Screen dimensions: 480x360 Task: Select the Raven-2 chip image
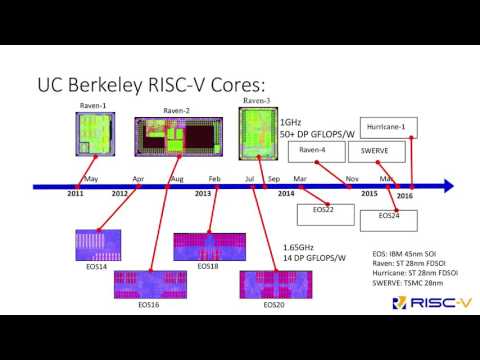click(176, 137)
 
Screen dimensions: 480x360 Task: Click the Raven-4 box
click(313, 150)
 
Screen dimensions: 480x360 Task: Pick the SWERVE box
click(373, 150)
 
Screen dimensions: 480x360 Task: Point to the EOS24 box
click(389, 215)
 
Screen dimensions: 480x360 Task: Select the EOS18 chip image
click(208, 246)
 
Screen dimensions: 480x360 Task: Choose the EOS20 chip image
click(273, 284)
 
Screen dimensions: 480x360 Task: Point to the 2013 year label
click(202, 192)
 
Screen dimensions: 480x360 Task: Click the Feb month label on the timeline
click(215, 178)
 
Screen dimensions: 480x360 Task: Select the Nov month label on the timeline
click(352, 178)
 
